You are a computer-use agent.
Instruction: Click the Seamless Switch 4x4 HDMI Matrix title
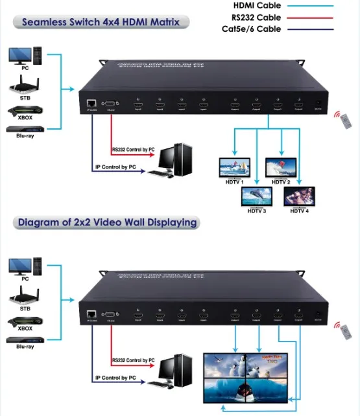[x=100, y=22]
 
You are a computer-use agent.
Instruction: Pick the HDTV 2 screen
[x=281, y=167]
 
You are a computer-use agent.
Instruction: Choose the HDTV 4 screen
[x=299, y=196]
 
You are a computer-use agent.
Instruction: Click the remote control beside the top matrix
[x=341, y=117]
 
